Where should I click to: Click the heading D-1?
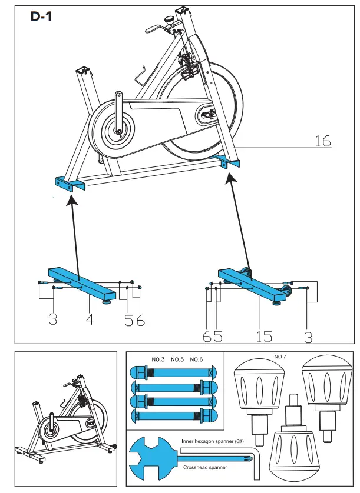41,17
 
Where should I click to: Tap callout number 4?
90,320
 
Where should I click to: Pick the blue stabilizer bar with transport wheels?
251,284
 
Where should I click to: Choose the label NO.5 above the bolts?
178,359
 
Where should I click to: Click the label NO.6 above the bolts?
197,359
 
